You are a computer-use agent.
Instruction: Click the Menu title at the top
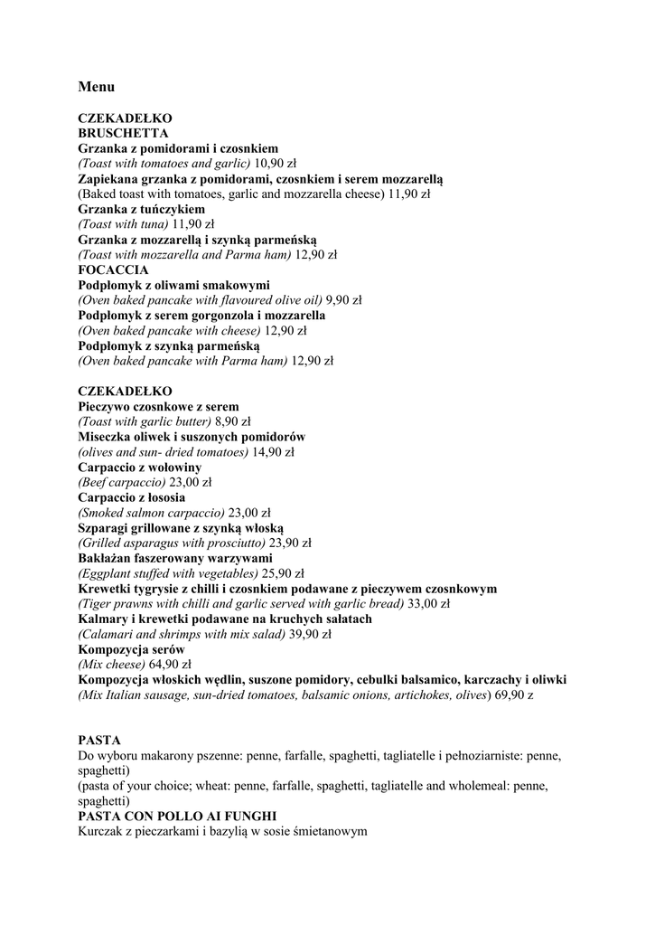click(96, 87)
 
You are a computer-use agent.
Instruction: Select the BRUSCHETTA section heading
click(123, 133)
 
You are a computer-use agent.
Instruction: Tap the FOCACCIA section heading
click(113, 269)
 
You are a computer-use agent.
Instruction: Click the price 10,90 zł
click(276, 164)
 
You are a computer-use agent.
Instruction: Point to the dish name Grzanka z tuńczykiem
click(141, 209)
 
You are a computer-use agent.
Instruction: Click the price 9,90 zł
click(343, 300)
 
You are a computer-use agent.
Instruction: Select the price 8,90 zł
click(232, 421)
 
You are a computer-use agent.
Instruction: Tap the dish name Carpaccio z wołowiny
click(139, 468)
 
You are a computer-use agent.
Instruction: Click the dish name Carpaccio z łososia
click(131, 497)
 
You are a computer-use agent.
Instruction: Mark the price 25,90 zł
click(283, 573)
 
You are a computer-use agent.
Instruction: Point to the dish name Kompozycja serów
click(131, 649)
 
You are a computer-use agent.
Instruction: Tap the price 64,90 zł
click(170, 665)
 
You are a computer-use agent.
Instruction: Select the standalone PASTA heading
click(99, 740)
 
